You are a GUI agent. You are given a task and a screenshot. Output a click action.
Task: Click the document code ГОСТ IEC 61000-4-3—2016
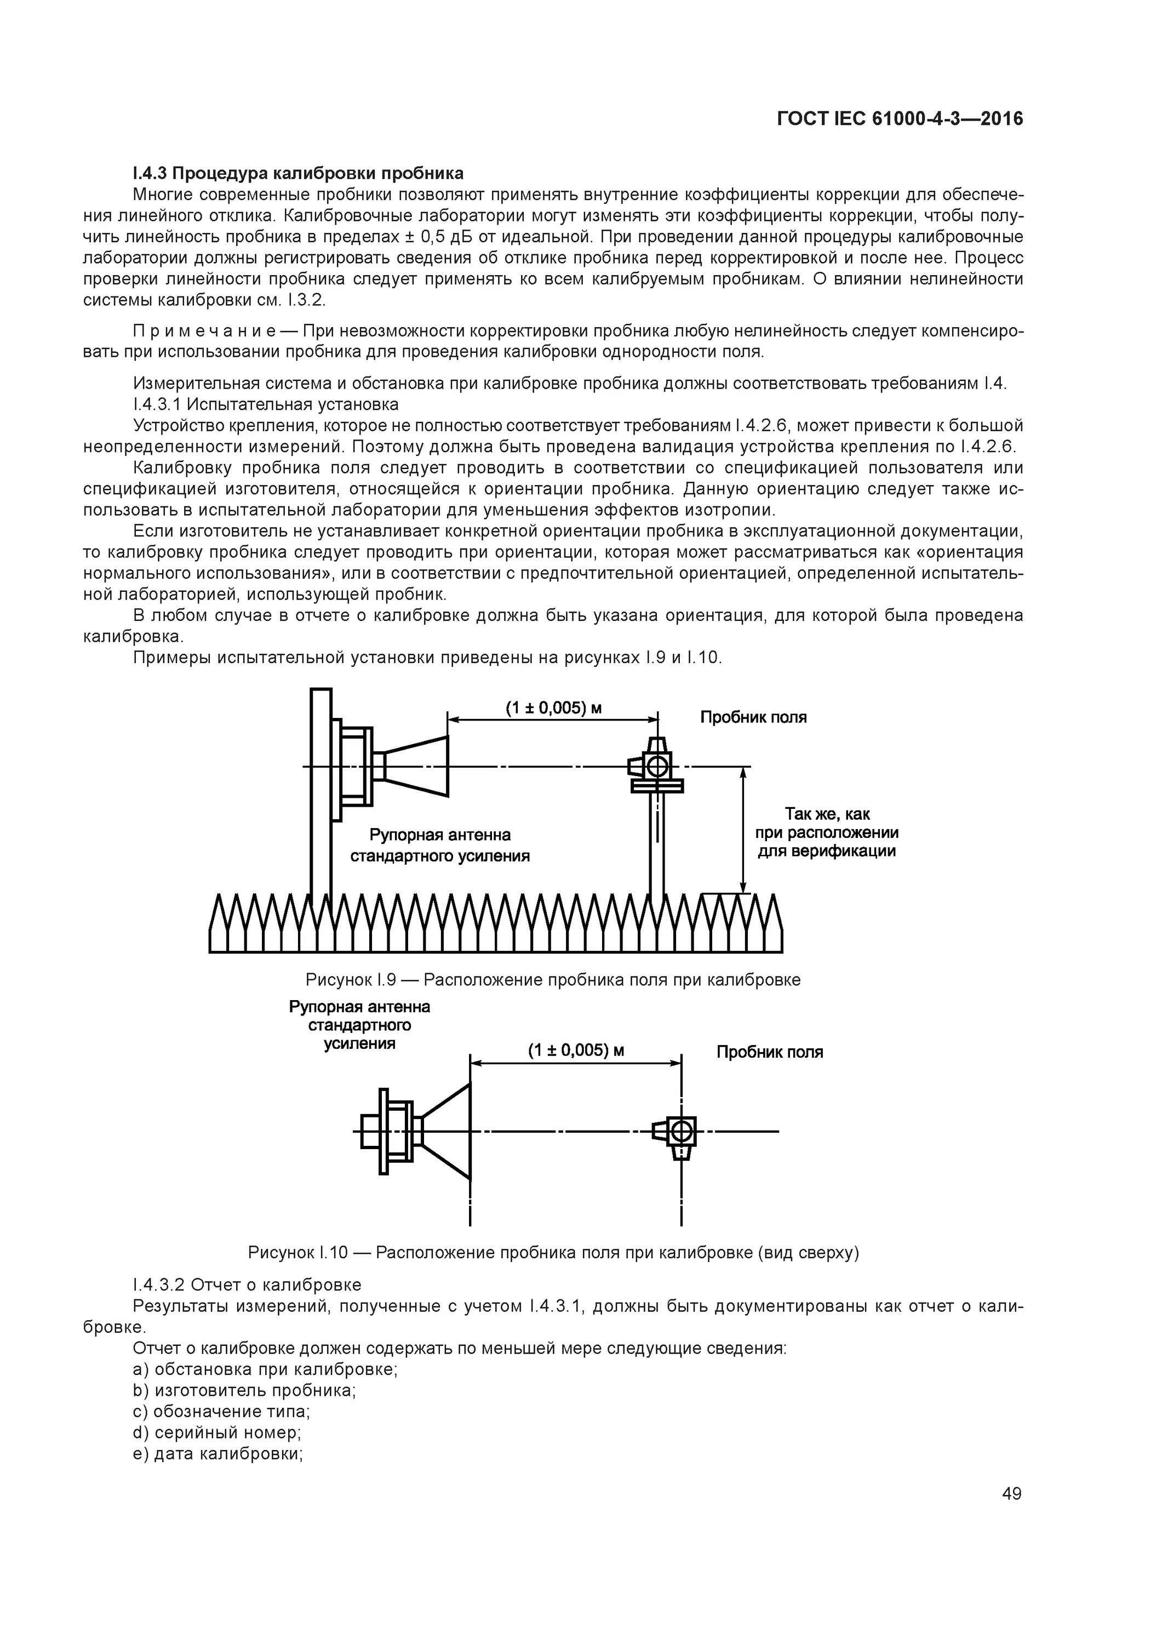[x=900, y=119]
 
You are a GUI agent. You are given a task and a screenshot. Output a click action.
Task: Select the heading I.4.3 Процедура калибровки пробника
[x=298, y=173]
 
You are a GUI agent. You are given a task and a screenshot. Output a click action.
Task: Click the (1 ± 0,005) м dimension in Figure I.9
[x=553, y=708]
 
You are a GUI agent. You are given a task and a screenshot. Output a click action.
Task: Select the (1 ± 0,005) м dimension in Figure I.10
[x=576, y=1051]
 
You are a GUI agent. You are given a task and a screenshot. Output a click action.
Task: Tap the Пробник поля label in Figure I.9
[x=753, y=717]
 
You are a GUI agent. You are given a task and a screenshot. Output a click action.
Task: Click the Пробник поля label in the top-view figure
[x=770, y=1052]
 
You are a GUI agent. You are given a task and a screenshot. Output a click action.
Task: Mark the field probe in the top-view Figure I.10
[x=679, y=1132]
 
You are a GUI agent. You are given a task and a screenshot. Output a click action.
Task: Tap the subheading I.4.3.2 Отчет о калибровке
[x=247, y=1285]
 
